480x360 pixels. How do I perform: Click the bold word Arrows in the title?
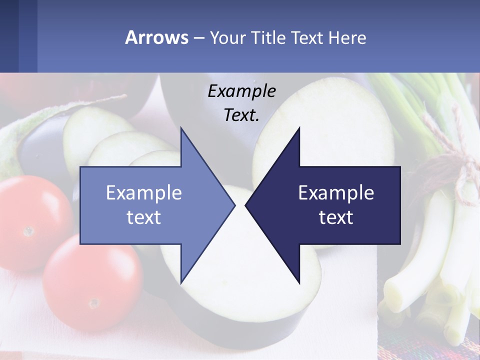coord(157,37)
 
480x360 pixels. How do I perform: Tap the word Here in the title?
coord(347,37)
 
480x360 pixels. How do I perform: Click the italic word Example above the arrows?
coord(241,91)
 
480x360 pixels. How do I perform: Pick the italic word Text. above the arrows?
coord(241,115)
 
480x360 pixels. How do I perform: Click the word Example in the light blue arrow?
coord(144,192)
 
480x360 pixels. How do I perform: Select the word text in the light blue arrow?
coord(144,217)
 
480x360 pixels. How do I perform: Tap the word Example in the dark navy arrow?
coord(336,192)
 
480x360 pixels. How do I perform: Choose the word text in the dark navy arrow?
coord(336,217)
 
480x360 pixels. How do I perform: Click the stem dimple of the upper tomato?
coord(28,231)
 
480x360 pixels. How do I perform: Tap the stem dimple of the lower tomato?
coord(93,303)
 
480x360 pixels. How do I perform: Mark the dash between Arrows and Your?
coord(198,38)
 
